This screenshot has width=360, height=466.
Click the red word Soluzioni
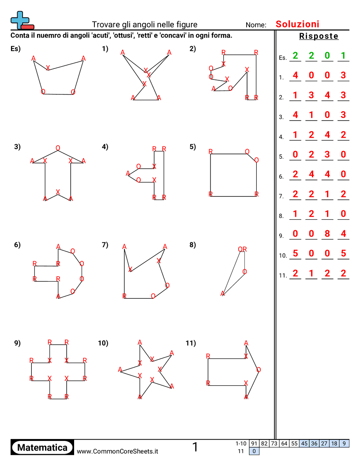[297, 24]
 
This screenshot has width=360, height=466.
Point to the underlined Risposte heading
[319, 36]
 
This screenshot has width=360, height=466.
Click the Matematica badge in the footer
[42, 447]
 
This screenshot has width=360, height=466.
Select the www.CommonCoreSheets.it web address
[117, 451]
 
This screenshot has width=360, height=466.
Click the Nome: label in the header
[256, 25]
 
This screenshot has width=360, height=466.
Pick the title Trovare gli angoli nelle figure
[145, 25]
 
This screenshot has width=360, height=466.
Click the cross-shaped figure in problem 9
[58, 369]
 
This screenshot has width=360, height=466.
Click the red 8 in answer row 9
[327, 234]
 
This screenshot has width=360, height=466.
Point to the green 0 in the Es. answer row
[327, 56]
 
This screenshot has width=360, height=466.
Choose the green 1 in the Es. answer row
[343, 56]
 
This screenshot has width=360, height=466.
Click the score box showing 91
[254, 443]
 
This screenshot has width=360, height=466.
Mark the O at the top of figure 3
[58, 148]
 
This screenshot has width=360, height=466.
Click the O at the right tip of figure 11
[259, 370]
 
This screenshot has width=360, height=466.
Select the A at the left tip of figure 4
[128, 173]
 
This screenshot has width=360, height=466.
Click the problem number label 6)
[17, 245]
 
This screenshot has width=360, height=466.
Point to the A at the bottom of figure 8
[223, 293]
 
